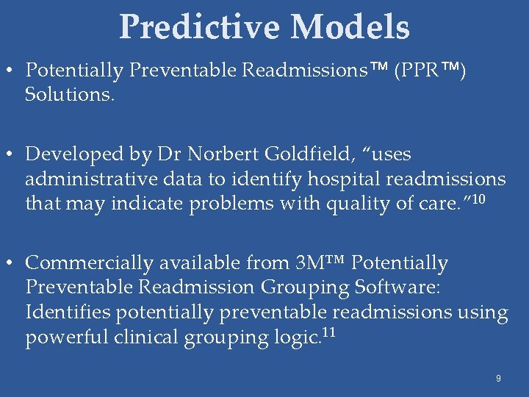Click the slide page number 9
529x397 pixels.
point(498,379)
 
